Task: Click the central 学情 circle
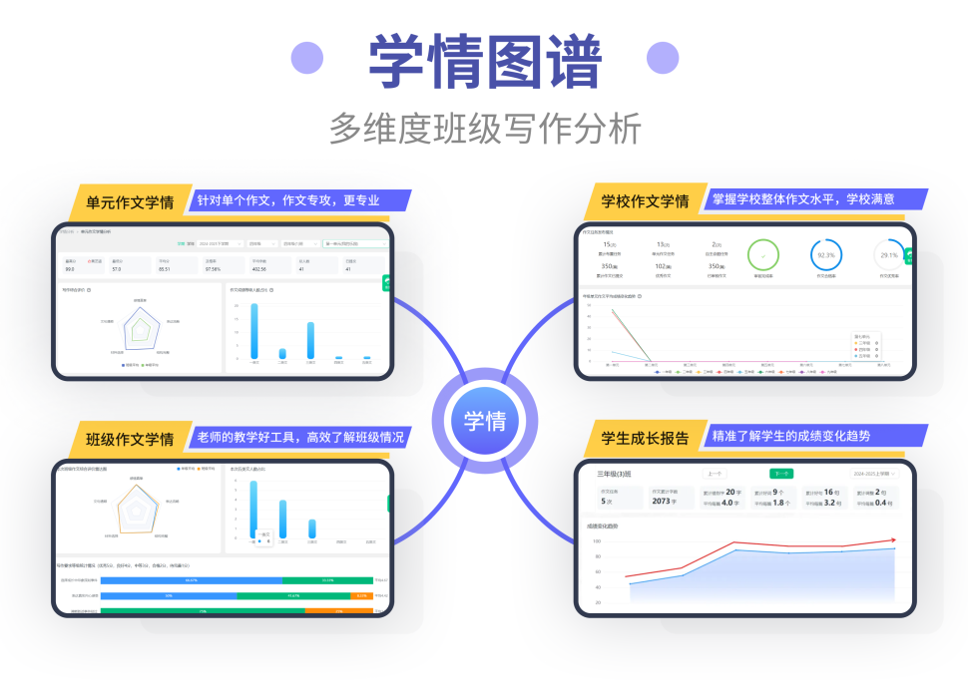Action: [x=484, y=421]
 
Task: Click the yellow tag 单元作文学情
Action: [x=130, y=201]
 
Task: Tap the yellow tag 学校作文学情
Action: [x=645, y=201]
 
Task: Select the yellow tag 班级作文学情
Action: [x=130, y=439]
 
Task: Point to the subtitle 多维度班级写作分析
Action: [x=485, y=130]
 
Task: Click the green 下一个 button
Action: [x=781, y=474]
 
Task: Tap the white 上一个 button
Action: [x=715, y=474]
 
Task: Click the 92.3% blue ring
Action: [x=825, y=255]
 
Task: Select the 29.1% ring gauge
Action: [x=889, y=255]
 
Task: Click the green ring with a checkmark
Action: [x=763, y=255]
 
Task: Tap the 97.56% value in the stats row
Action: [x=212, y=269]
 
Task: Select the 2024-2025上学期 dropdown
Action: [x=874, y=474]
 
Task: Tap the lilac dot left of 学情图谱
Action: [x=307, y=58]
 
